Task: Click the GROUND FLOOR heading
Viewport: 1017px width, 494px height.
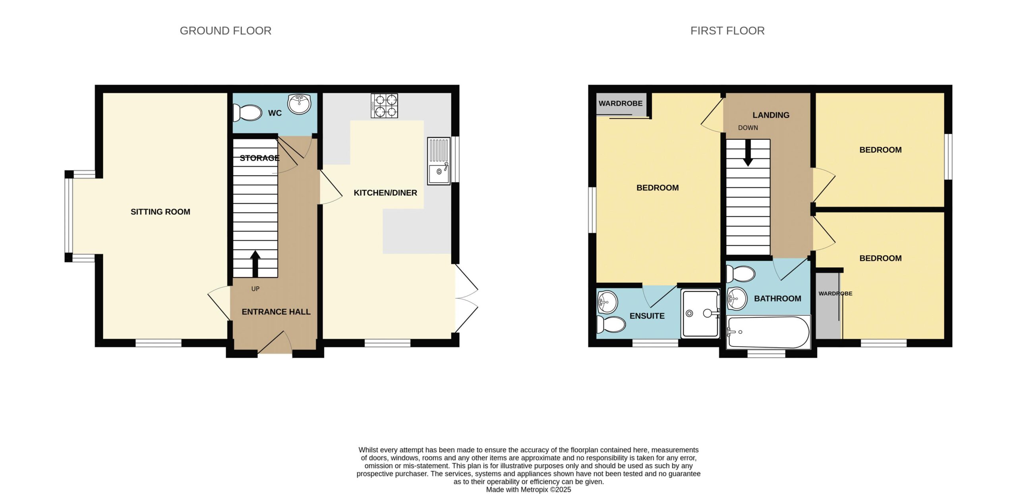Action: tap(225, 31)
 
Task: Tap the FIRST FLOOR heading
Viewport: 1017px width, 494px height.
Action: tap(727, 31)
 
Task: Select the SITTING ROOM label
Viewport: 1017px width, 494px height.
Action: tap(160, 212)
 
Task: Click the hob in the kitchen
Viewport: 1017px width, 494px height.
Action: tap(384, 106)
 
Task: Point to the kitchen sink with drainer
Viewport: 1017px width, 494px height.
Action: tap(439, 161)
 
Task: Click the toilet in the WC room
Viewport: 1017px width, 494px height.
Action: tap(247, 113)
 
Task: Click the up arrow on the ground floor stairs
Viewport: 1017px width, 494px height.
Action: tap(255, 264)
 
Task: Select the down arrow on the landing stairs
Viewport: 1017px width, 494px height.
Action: tap(748, 153)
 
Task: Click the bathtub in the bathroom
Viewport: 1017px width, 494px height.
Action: tap(768, 332)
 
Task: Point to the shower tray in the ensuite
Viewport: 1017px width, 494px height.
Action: tap(700, 314)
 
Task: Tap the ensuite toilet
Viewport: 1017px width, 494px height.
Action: tap(611, 324)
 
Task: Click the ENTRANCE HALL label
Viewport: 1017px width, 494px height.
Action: tap(276, 312)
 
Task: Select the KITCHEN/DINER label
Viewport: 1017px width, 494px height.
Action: tap(385, 193)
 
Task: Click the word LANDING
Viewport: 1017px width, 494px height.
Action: tap(771, 115)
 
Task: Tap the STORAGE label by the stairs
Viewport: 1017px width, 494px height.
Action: tap(259, 158)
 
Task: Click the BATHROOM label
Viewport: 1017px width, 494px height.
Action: tap(777, 299)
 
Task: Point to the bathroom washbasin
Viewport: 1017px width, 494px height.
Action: tap(737, 298)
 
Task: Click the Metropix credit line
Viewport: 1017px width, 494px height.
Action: tap(528, 490)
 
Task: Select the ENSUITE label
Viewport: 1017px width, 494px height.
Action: tap(647, 316)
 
